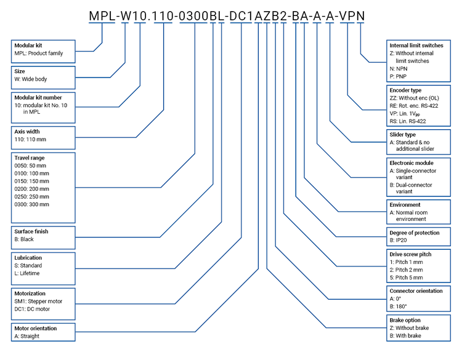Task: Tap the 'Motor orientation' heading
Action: [x=39, y=329]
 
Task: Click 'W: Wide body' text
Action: [x=30, y=79]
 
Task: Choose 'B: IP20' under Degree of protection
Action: [x=400, y=241]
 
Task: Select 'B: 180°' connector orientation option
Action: [x=399, y=306]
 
